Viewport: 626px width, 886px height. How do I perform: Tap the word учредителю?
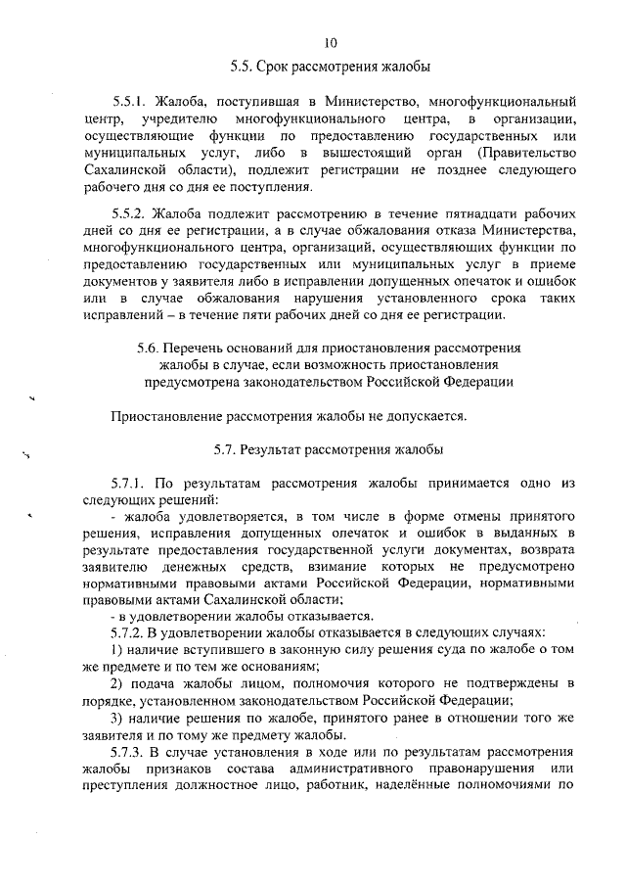tap(165, 118)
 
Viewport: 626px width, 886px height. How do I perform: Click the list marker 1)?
tap(116, 651)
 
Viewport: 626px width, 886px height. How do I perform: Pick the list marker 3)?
tap(116, 719)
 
